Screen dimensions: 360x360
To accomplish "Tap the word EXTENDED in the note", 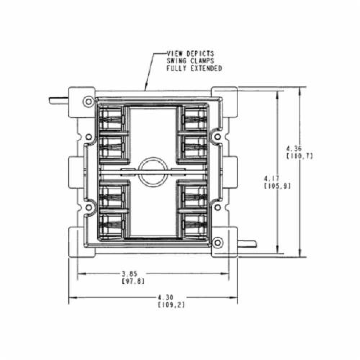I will [x=206, y=68].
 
